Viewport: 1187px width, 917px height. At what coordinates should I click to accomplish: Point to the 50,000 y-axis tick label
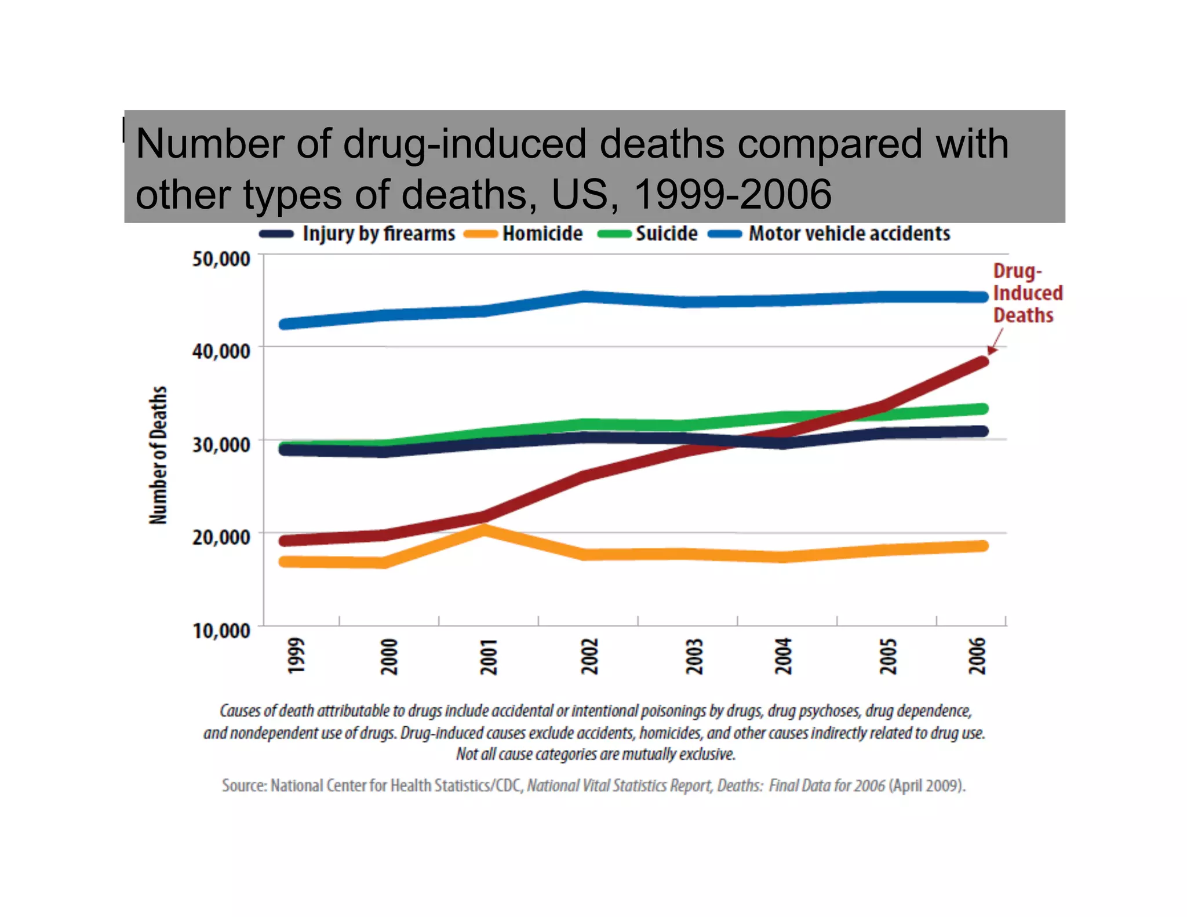pos(221,259)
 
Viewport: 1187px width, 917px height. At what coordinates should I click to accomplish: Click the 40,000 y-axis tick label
pos(221,351)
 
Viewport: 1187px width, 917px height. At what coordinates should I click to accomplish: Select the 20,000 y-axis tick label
pos(221,537)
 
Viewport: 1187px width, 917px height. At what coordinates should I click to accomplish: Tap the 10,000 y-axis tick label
pos(221,631)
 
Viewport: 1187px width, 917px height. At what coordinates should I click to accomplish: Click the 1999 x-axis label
pos(296,656)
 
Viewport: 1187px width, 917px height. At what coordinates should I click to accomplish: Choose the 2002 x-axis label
pos(589,656)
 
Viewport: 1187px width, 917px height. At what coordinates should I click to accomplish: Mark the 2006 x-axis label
pos(977,656)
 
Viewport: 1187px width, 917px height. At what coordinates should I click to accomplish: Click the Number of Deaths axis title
pos(158,455)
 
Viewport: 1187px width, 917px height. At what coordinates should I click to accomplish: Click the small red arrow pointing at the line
pos(995,343)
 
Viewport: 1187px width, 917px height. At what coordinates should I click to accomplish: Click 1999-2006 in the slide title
pos(733,194)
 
